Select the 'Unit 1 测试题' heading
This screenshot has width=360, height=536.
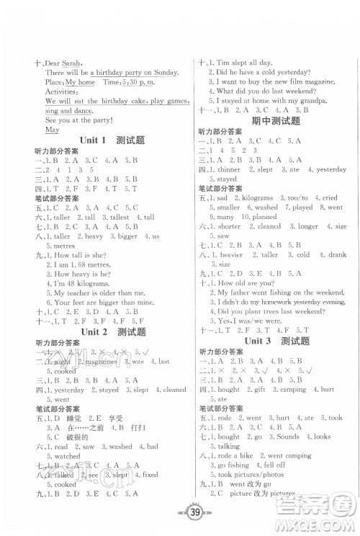tap(107, 140)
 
